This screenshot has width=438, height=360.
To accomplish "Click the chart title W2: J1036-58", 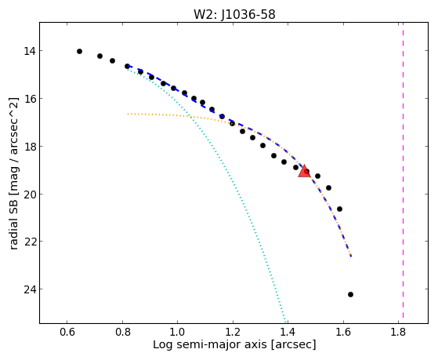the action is (234, 14).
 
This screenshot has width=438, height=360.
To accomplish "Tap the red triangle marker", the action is (304, 171).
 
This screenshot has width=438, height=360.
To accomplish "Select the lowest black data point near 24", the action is (350, 294).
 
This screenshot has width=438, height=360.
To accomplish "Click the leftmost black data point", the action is (79, 51).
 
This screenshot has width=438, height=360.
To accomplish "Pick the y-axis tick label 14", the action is (29, 51).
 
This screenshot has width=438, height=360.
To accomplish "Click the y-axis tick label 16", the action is (29, 99).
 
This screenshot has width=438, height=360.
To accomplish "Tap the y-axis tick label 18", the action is (29, 147).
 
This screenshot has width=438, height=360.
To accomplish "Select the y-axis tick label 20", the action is (29, 194).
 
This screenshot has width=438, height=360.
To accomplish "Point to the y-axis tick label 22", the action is (29, 241).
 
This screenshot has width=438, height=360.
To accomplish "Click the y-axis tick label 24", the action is (29, 289).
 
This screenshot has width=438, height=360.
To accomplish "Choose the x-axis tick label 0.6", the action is (67, 333).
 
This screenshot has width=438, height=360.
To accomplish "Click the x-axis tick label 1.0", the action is (177, 333).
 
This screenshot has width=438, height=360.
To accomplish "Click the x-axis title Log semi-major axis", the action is (210, 344).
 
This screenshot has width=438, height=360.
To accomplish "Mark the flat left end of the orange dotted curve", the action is (128, 114).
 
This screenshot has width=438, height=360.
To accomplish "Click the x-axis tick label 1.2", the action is (233, 333).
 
